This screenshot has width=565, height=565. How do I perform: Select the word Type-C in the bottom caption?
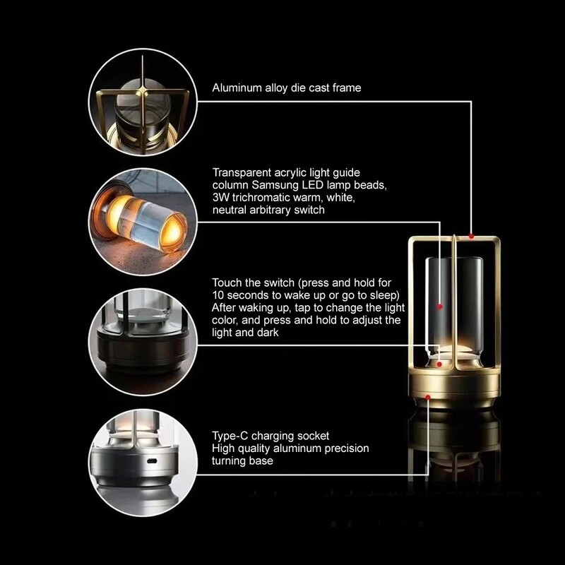228,436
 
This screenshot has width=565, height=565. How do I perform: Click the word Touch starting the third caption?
226,282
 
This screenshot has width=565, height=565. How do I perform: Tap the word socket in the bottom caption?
313,436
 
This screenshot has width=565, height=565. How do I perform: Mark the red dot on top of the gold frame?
471,236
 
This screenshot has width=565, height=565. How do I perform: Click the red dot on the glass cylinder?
439,307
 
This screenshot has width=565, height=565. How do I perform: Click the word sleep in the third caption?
383,294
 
